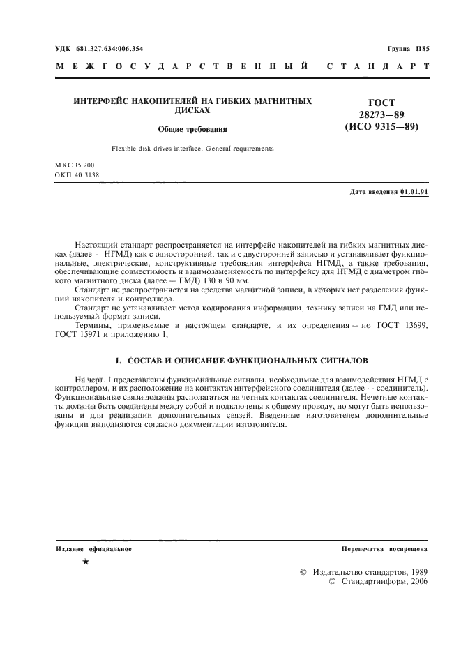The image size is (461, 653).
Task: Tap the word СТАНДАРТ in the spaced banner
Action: [x=377, y=68]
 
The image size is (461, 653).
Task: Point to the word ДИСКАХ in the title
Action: [x=192, y=111]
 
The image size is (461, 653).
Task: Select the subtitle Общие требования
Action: [x=192, y=129]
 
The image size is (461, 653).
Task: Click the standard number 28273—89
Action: [x=381, y=115]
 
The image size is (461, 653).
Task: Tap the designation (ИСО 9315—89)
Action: [x=381, y=128]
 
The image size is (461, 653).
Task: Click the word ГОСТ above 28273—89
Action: [x=381, y=103]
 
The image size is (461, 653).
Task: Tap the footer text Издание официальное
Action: [x=93, y=549]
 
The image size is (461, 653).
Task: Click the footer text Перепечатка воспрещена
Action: [x=384, y=549]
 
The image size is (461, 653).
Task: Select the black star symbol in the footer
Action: [x=85, y=562]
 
